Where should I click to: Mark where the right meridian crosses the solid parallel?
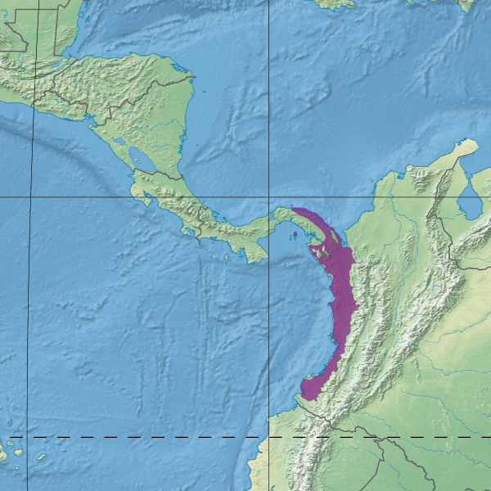pyautogui.click(x=269, y=197)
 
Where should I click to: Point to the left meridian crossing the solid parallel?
pyautogui.click(x=32, y=197)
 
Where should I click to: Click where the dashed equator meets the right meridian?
pyautogui.click(x=269, y=437)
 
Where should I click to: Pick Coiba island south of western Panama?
pyautogui.click(x=227, y=257)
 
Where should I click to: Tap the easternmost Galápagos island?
pyautogui.click(x=18, y=449)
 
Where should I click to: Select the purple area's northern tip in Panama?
pyautogui.click(x=293, y=209)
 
